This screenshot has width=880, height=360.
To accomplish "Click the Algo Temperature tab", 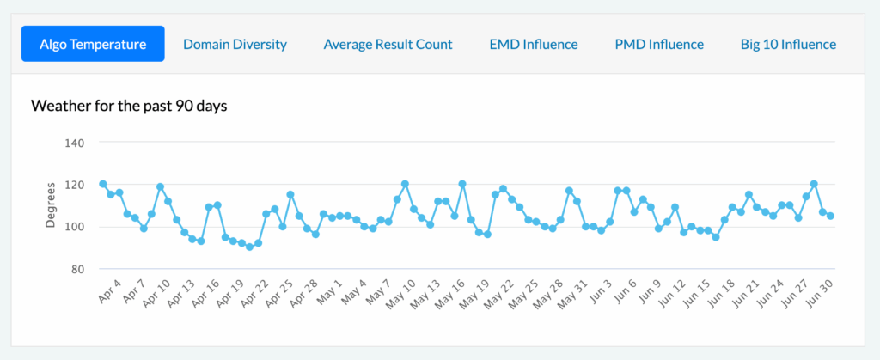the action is tap(93, 44).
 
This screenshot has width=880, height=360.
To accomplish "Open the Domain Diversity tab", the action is tap(235, 45).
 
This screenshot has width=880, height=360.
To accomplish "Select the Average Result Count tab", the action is tap(388, 45).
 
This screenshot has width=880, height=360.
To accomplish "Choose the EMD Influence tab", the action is tap(534, 45).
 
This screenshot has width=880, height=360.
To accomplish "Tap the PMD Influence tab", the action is tap(659, 45).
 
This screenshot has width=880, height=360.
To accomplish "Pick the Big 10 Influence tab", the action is tap(789, 45).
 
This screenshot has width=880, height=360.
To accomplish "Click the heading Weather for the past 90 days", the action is tap(129, 106).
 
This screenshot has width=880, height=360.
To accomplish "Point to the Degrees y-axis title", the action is tap(51, 204).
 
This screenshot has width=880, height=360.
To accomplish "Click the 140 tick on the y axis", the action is tap(74, 143).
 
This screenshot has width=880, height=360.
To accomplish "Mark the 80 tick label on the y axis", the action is tap(76, 269).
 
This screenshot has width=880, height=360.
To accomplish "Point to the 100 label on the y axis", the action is tap(74, 227).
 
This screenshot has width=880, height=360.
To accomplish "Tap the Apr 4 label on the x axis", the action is tap(110, 290).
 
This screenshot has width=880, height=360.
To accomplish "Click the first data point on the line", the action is tap(103, 184).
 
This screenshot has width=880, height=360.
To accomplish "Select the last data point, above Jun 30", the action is tap(831, 216).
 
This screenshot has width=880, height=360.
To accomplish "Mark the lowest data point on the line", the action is tap(250, 247).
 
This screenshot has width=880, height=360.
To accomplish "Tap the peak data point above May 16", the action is tap(462, 184).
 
